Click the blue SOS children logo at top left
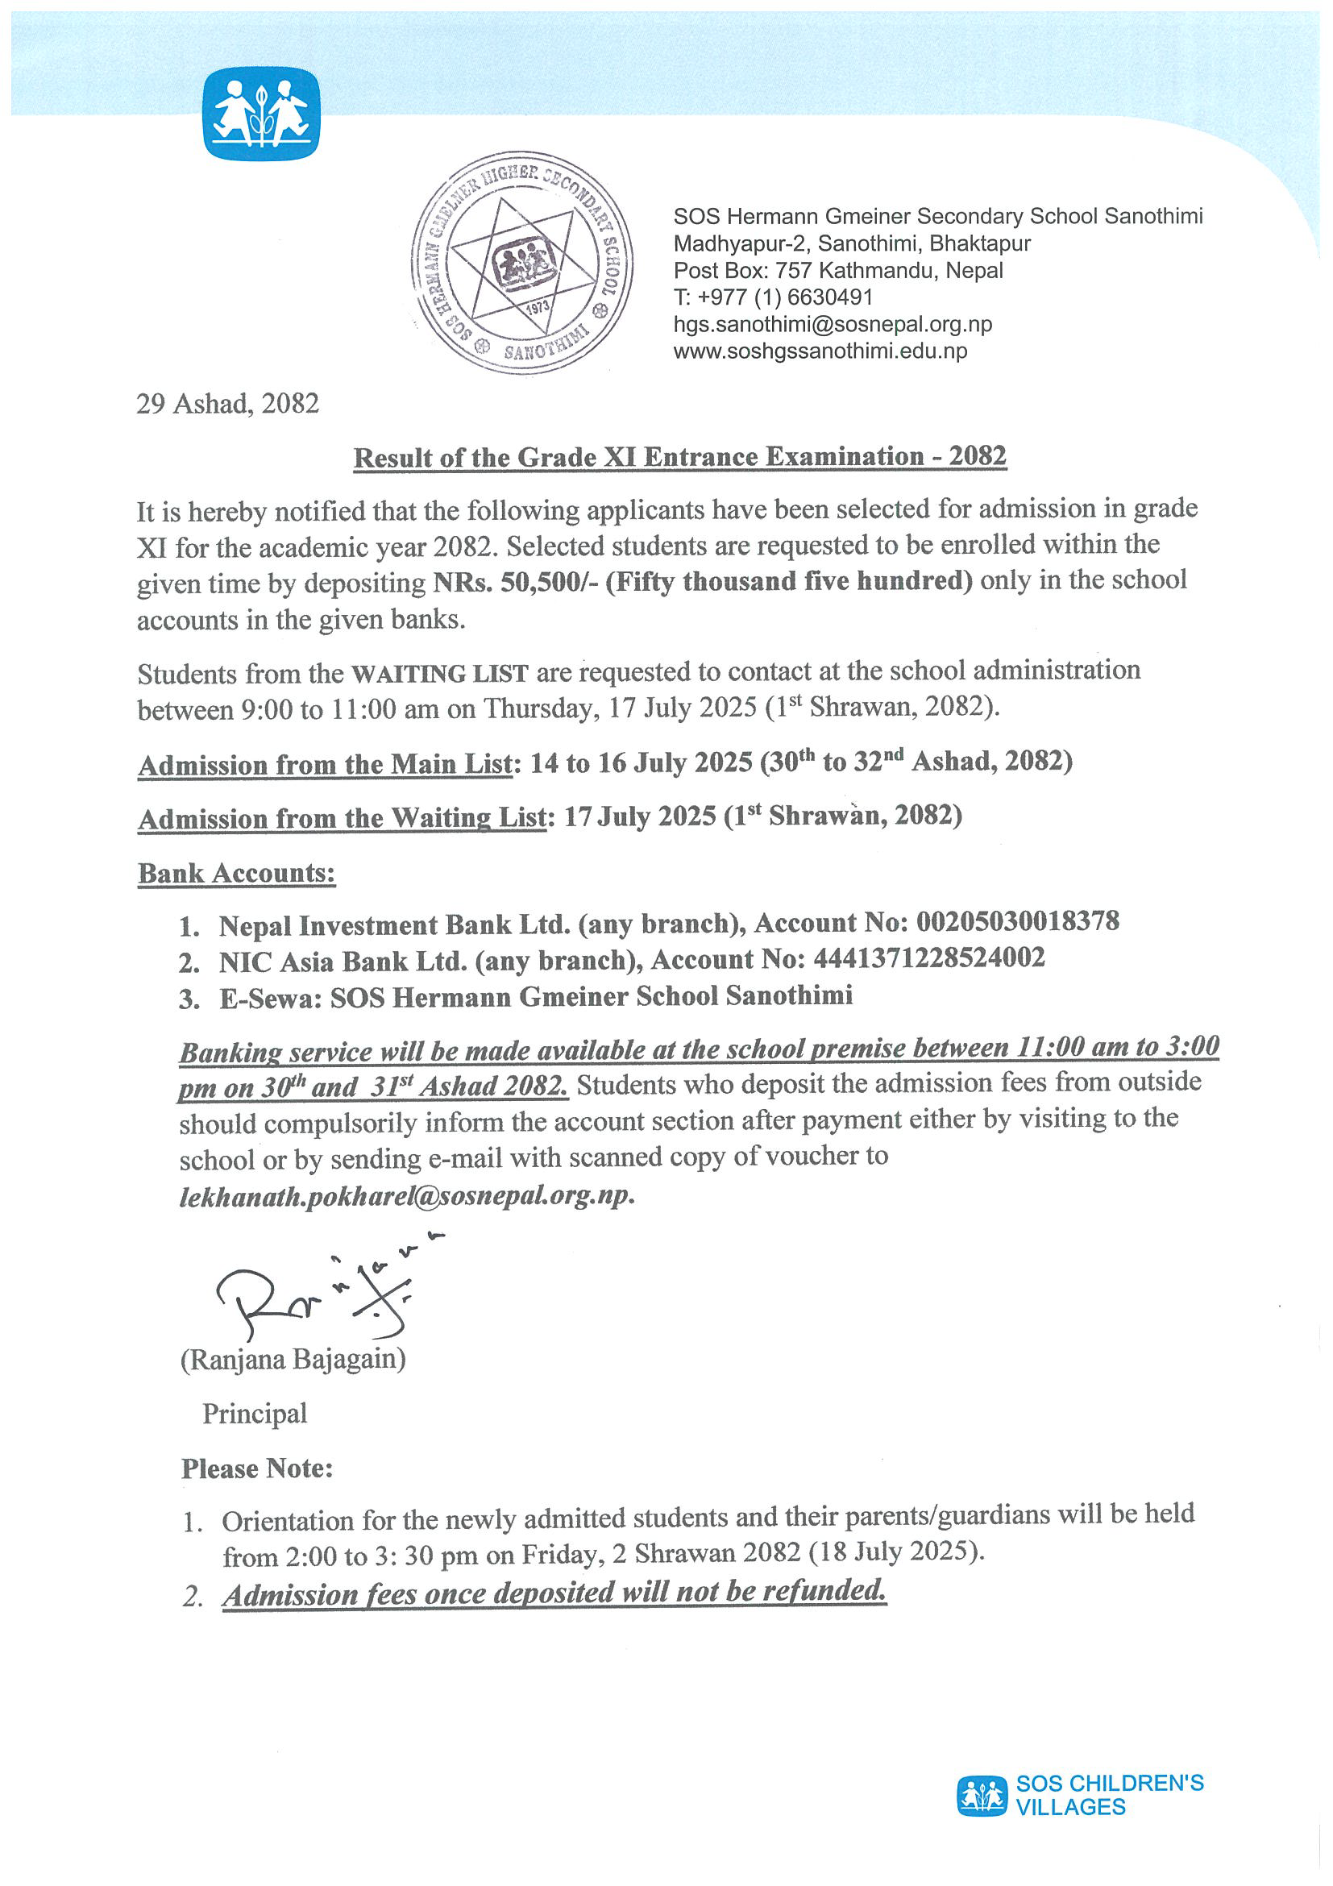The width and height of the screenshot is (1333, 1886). click(x=261, y=114)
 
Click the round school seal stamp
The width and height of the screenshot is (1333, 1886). click(x=522, y=263)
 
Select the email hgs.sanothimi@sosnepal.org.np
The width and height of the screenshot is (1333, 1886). click(x=832, y=324)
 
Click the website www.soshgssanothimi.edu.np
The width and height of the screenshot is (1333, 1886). click(x=820, y=351)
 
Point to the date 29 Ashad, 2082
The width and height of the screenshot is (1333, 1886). click(x=227, y=403)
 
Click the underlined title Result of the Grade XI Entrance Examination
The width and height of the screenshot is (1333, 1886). click(x=679, y=457)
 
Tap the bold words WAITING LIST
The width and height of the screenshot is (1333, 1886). click(x=439, y=674)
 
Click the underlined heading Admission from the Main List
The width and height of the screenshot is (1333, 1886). click(x=326, y=764)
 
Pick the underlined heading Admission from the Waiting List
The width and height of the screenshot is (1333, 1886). click(x=342, y=818)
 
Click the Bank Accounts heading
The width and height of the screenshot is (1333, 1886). click(x=237, y=873)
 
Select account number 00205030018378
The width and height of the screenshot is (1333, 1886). click(x=1017, y=922)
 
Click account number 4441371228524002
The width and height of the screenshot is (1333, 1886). click(x=928, y=958)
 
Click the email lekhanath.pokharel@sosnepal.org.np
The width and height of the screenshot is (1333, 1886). click(x=405, y=1195)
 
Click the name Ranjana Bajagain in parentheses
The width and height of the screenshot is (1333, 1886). click(x=293, y=1360)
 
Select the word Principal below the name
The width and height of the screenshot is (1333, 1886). click(x=255, y=1414)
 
